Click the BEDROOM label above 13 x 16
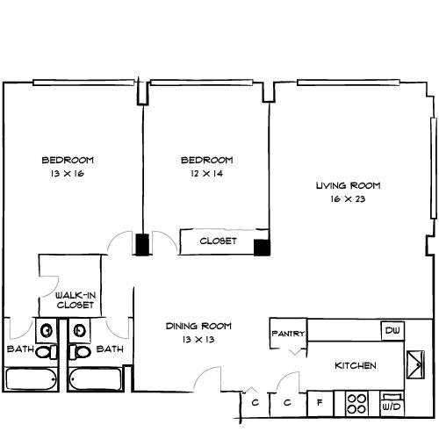coord(68,160)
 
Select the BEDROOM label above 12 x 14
coord(206,160)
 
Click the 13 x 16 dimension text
coord(68,174)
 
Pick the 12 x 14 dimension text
coord(206,174)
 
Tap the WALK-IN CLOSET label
coord(76,300)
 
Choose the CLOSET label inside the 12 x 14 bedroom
coord(218,241)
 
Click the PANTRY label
coord(288,333)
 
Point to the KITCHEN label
coord(356,365)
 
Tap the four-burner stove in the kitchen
coord(357,404)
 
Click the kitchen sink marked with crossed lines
coord(414,363)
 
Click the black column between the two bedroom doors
coord(141,245)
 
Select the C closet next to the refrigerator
coord(287,405)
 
